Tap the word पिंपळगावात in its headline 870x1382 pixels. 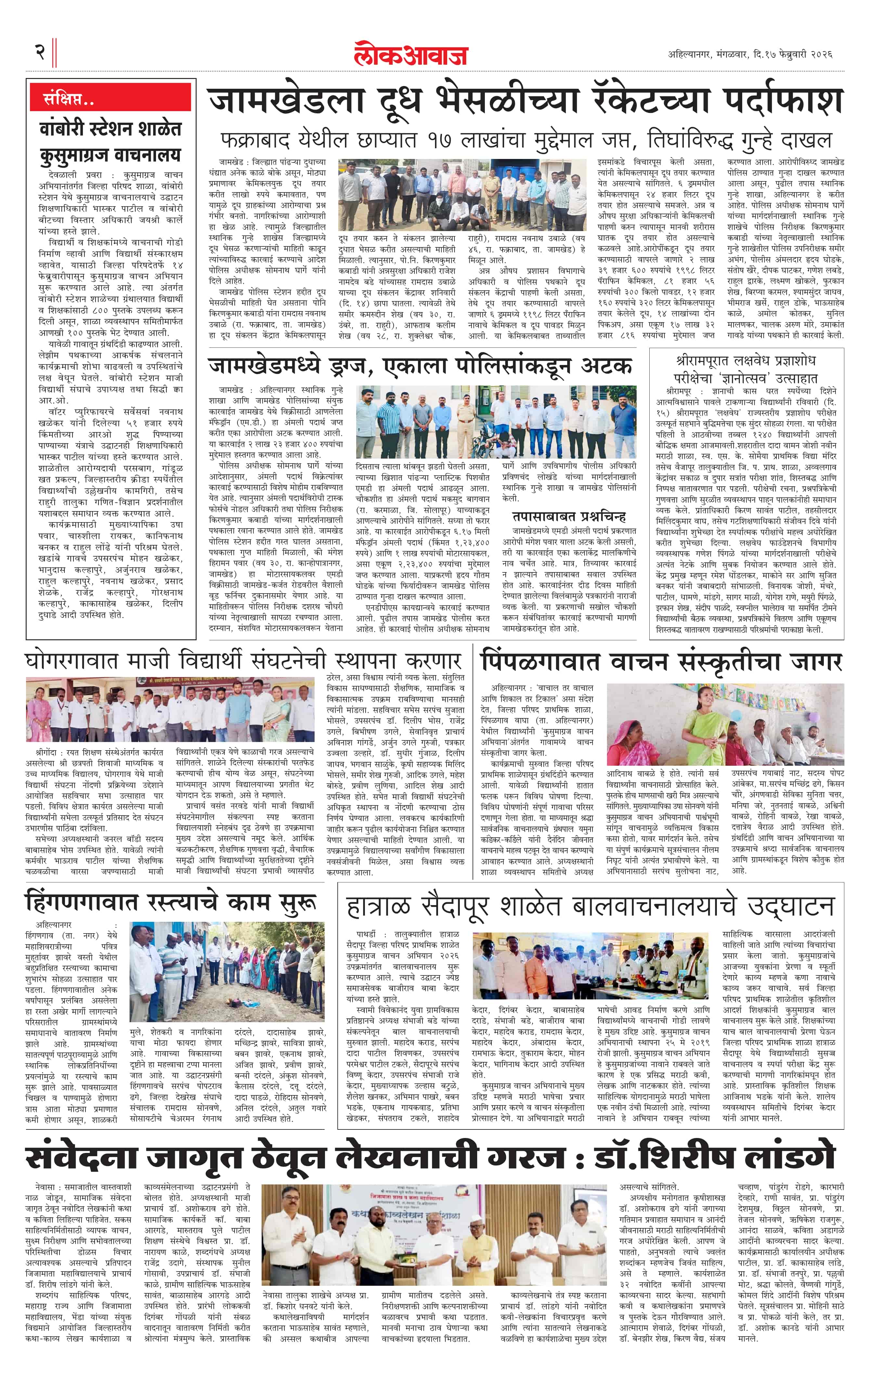click(540, 661)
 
